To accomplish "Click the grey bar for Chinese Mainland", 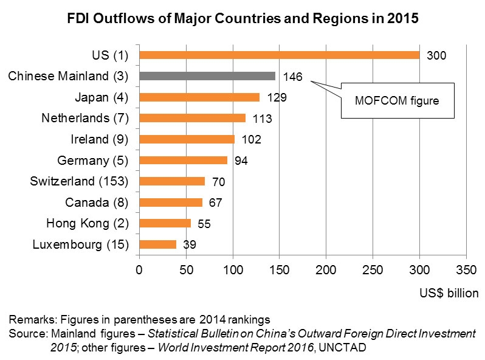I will tap(207, 76).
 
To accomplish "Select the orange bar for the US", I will tap(279, 55).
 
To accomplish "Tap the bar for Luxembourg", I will tap(157, 244).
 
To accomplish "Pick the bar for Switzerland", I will tap(172, 181).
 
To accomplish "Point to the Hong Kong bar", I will tap(165, 223).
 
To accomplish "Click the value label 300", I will tap(436, 56).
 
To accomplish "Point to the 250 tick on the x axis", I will tap(373, 268).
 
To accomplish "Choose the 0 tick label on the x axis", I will tap(139, 268).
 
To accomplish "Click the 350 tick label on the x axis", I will tap(466, 268).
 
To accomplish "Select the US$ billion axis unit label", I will tap(449, 294).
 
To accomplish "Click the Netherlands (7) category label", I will tap(85, 118).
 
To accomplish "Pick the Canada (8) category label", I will tap(97, 202).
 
